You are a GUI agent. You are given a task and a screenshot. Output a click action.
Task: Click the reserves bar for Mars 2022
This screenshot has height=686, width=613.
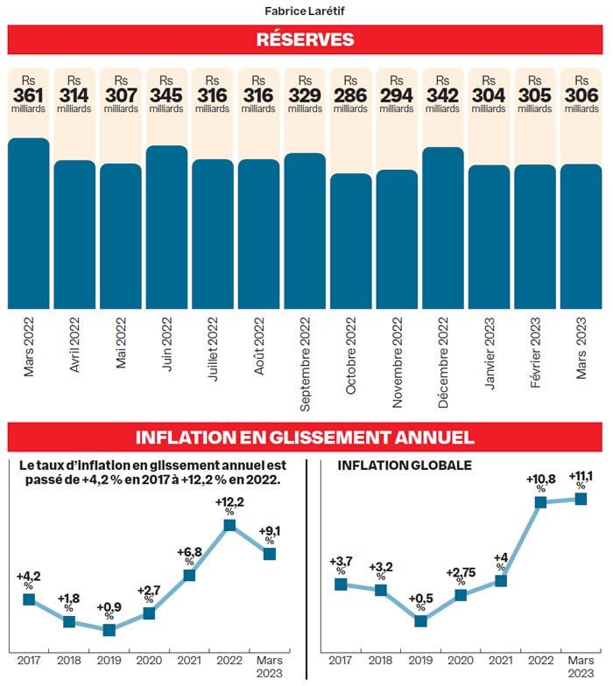point(29,223)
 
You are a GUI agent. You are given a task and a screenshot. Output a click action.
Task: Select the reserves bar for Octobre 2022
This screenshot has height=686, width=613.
point(350,241)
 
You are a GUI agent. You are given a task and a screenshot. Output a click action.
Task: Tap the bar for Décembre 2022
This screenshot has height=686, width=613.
point(442,227)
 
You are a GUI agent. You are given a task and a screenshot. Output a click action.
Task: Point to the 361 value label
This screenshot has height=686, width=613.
point(29,95)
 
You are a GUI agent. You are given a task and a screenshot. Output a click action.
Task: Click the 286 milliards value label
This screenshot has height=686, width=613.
point(350,95)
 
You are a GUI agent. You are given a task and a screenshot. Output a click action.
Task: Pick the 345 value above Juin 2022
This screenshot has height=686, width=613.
point(166,95)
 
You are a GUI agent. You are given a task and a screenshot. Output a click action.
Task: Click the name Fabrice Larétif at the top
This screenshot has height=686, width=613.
point(305,11)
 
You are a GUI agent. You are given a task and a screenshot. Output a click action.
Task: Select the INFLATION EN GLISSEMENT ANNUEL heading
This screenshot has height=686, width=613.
point(305,437)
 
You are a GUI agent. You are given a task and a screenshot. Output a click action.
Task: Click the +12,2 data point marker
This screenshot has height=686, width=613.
point(229,525)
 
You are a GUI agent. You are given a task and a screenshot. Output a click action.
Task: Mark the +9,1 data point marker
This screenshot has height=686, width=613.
point(270,553)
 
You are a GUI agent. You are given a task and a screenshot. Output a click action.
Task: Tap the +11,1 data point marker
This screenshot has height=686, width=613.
point(580,499)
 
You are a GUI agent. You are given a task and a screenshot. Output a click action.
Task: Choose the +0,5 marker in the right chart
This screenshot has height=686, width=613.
point(421,621)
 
